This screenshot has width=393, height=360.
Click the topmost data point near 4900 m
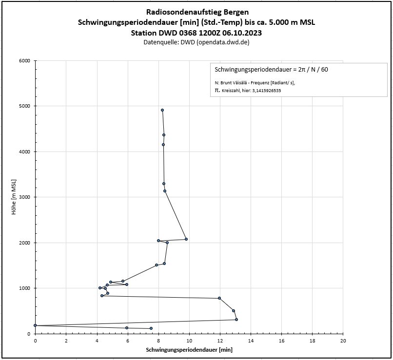(x=162, y=110)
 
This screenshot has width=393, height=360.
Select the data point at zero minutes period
(x=35, y=325)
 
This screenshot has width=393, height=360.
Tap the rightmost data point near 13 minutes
(x=236, y=320)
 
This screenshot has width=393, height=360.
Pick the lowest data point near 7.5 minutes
(x=151, y=328)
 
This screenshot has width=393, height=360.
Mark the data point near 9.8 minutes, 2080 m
(x=186, y=239)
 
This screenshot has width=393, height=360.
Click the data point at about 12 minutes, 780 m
(x=219, y=298)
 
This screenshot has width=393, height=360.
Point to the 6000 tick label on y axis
(x=24, y=61)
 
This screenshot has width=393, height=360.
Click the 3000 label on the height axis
(x=24, y=197)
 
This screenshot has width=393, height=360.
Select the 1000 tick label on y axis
(x=24, y=288)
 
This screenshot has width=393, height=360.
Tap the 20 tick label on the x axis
(x=343, y=341)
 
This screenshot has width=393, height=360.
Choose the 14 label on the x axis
(x=251, y=341)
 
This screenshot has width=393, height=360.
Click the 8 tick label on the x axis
(x=158, y=341)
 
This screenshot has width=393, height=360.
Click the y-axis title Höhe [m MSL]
(x=15, y=198)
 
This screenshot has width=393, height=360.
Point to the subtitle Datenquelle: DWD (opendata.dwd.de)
(x=196, y=42)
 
